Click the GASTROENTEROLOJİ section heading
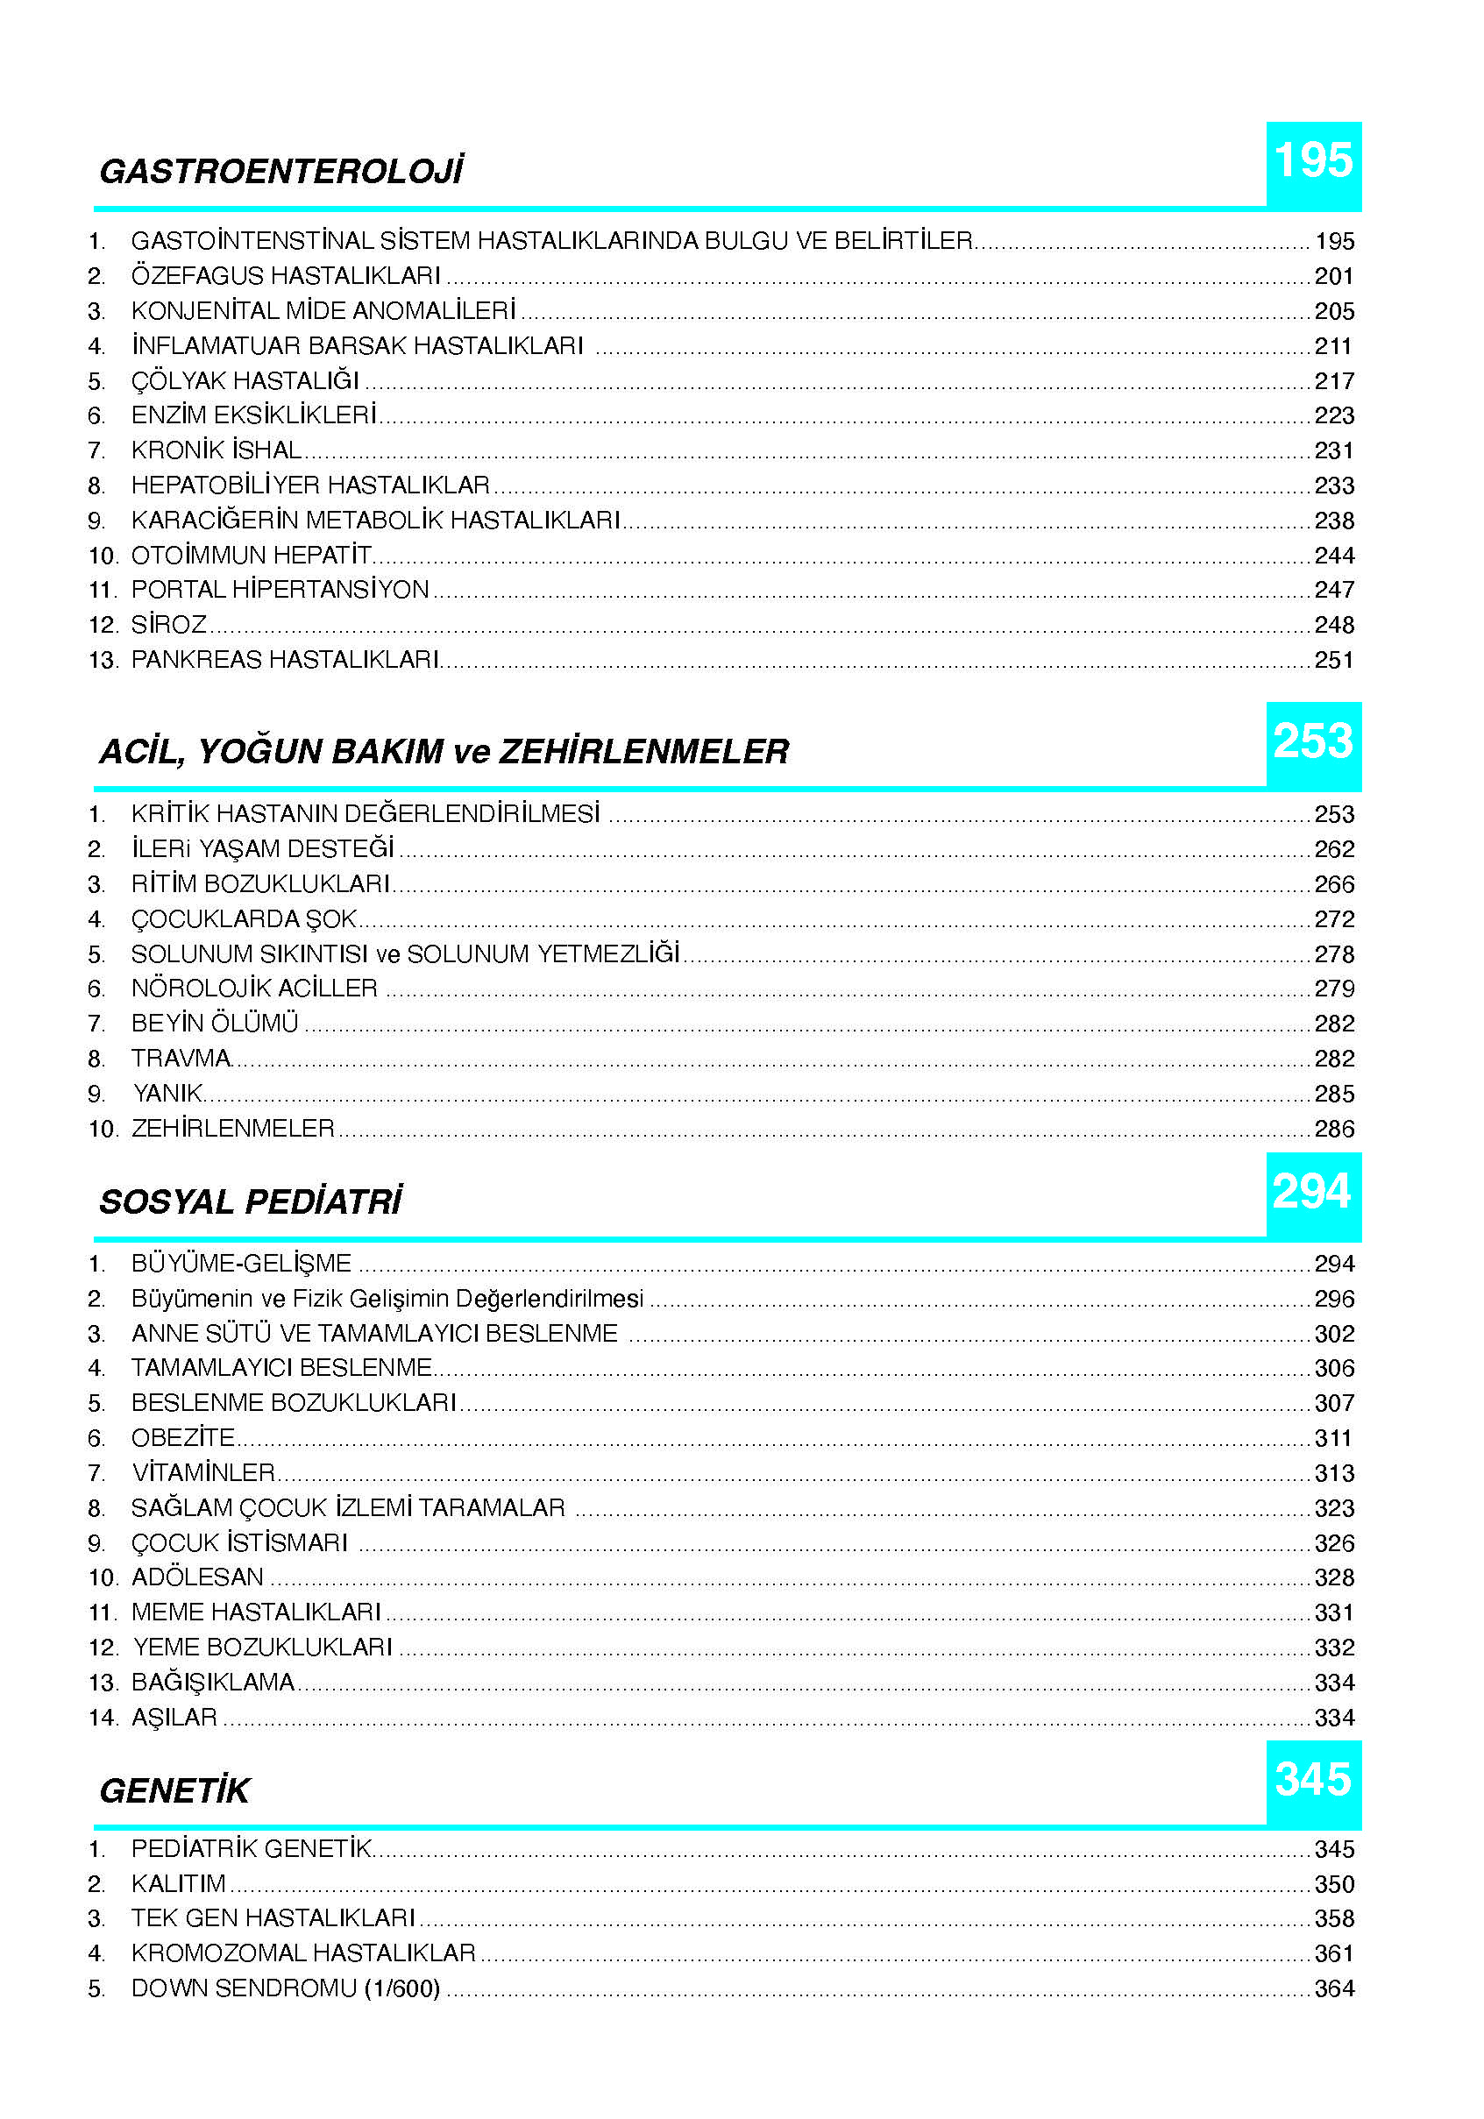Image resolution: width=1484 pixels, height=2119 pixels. tap(280, 172)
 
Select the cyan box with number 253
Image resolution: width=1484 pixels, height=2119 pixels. tap(1312, 743)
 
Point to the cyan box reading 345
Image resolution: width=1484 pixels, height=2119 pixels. tap(1312, 1782)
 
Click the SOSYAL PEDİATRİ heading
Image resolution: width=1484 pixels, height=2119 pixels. tap(250, 1202)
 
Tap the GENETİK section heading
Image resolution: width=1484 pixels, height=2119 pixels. tap(174, 1791)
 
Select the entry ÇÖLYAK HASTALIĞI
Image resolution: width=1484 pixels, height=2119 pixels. tap(245, 381)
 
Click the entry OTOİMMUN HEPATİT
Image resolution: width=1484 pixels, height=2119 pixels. tap(251, 556)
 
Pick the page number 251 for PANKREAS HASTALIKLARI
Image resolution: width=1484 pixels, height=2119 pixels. tap(1333, 661)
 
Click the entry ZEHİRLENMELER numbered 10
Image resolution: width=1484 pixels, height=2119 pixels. tap(232, 1129)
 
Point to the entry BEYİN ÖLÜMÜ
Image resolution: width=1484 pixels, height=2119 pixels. tap(214, 1024)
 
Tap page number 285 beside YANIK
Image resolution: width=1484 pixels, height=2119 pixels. tap(1333, 1095)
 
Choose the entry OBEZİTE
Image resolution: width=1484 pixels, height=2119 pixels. tap(182, 1438)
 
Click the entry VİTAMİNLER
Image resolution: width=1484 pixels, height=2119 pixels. tap(203, 1473)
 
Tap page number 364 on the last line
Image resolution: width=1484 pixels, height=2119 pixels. tap(1333, 1989)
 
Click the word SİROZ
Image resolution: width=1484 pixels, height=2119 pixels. tap(169, 626)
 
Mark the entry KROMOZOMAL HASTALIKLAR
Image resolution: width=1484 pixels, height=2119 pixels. tap(302, 1952)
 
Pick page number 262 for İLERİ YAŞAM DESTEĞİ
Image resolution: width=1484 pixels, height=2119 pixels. tap(1333, 850)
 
